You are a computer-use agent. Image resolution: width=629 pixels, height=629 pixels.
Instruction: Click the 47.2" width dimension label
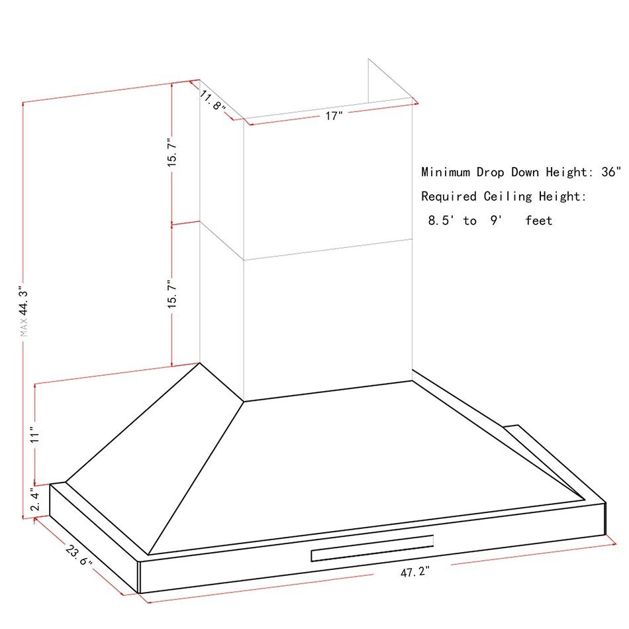414,571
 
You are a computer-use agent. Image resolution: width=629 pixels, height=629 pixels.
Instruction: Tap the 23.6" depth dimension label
79,555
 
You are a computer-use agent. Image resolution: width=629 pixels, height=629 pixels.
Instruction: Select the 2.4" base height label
35,501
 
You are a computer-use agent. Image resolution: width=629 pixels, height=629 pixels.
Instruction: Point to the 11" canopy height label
35,435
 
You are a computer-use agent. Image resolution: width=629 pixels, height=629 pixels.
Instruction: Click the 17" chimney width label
334,116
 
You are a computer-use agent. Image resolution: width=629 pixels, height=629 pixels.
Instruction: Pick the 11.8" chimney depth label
213,101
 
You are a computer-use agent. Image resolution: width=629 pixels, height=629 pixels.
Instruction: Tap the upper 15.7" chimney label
172,152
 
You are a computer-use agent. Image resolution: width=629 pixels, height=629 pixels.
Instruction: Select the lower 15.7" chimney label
172,294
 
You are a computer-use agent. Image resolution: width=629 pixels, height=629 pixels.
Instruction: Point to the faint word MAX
24,327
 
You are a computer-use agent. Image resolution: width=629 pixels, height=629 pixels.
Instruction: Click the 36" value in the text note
611,172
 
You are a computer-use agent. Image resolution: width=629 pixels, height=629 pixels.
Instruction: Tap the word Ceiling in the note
508,196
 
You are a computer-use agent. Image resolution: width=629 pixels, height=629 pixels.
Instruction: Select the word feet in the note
539,221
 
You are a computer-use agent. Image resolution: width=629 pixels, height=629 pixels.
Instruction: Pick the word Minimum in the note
446,172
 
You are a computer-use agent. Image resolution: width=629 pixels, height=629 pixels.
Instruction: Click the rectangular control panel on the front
372,548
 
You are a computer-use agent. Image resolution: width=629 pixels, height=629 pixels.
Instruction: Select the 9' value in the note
496,221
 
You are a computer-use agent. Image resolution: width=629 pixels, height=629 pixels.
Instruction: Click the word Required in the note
449,196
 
